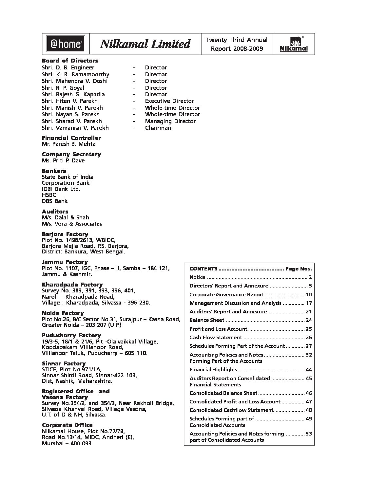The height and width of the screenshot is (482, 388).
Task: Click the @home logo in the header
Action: [x=66, y=44]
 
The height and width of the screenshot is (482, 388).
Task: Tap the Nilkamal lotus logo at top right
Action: [x=294, y=44]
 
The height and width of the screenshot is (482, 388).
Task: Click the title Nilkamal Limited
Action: [x=145, y=44]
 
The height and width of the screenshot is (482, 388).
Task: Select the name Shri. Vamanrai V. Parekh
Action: [x=75, y=128]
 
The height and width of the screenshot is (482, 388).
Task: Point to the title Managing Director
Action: [x=170, y=121]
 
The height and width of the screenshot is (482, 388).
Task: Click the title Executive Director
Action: [x=169, y=101]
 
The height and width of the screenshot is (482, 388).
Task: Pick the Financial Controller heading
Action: [x=71, y=138]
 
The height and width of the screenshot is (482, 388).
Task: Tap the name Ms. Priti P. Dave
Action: [x=63, y=160]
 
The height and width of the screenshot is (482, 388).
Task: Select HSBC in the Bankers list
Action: [x=49, y=195]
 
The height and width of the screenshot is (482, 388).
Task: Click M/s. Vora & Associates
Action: [x=72, y=224]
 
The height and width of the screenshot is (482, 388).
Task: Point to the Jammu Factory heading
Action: [x=65, y=262]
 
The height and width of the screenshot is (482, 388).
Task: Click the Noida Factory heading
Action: [x=63, y=313]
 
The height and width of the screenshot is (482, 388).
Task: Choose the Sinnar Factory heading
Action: [x=64, y=363]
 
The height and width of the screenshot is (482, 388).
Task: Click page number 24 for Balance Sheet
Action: [x=308, y=320]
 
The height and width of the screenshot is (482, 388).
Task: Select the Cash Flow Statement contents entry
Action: [x=216, y=337]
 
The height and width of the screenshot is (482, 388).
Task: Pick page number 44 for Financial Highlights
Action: [x=308, y=370]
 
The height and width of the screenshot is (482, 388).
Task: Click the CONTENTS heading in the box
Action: [x=203, y=269]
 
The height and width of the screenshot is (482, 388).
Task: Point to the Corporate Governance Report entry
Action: [x=226, y=294]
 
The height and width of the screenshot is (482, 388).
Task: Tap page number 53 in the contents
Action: [x=308, y=434]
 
